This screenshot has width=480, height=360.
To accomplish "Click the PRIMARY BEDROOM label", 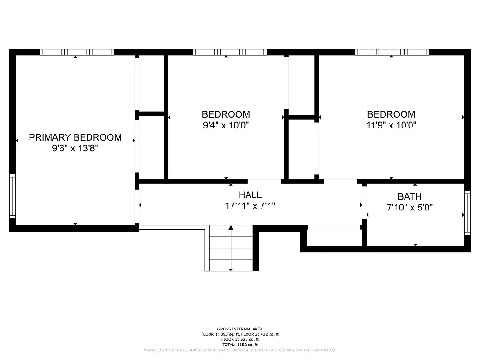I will [75, 137].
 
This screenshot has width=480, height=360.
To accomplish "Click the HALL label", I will [250, 195].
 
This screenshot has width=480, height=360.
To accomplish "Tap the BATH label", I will [409, 196].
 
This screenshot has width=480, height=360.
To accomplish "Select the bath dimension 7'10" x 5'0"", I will [409, 208].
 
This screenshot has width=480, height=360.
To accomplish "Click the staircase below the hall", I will [231, 248].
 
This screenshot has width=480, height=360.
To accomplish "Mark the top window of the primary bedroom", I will [77, 52].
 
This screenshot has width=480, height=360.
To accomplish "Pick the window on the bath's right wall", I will [467, 212].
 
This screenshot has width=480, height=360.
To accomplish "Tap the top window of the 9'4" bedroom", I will [230, 52].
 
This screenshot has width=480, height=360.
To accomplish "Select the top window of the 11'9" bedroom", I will [392, 52].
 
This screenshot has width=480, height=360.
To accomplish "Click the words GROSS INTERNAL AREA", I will [240, 329].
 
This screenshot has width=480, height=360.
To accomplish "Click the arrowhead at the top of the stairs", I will [231, 228].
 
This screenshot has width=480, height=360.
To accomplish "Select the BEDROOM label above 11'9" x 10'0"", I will [391, 114].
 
